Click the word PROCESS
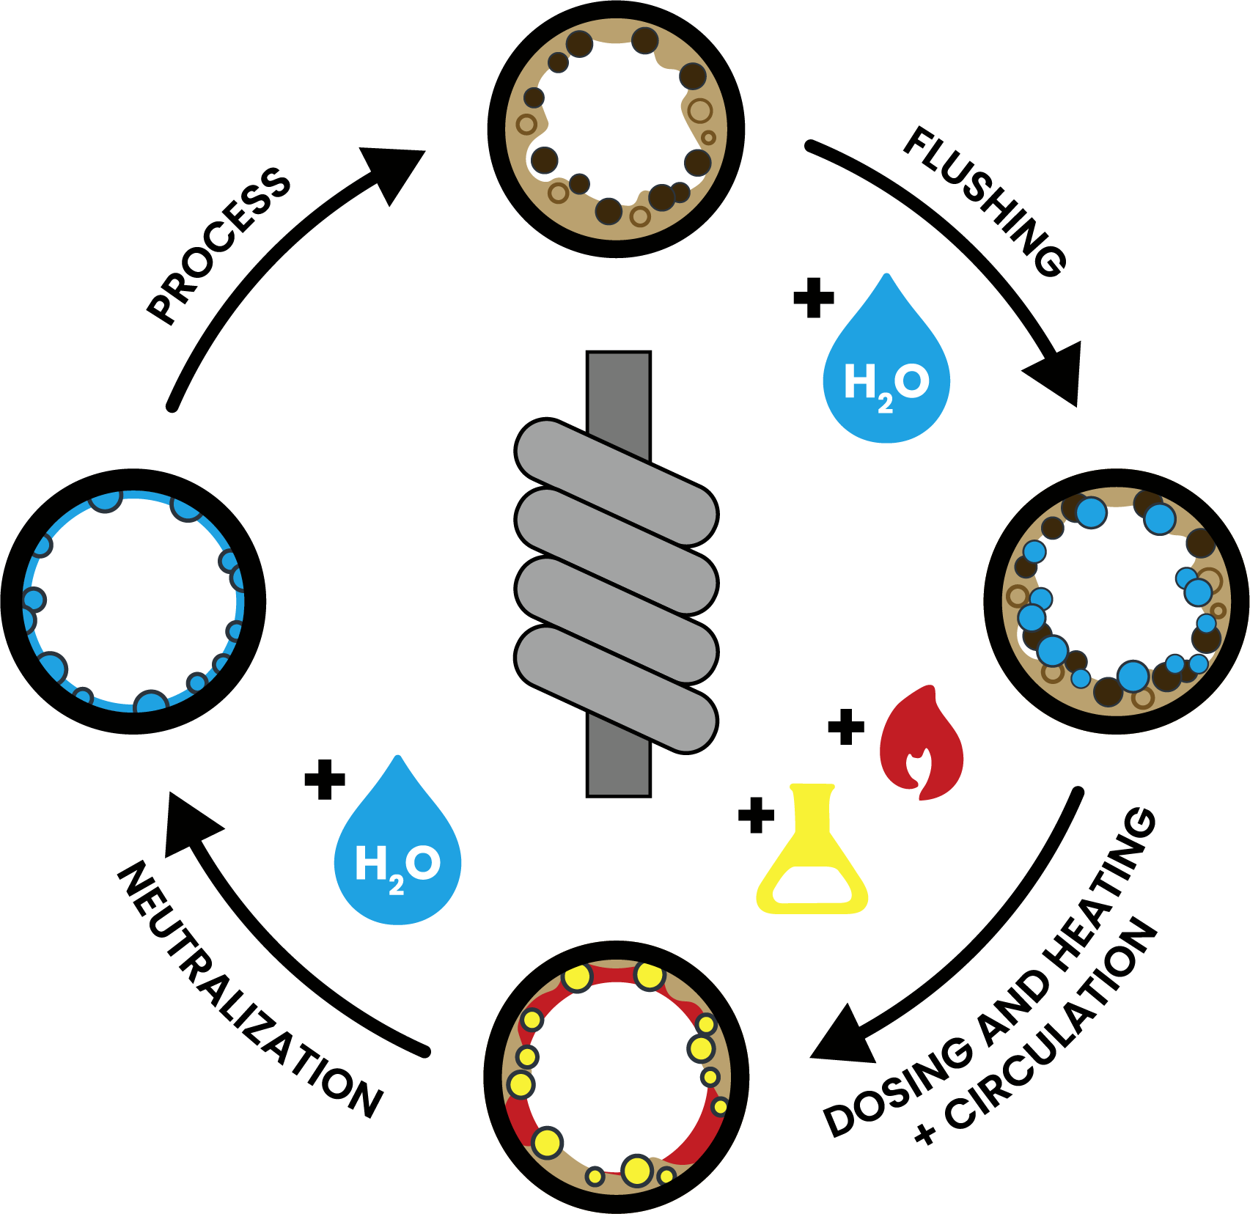tap(218, 246)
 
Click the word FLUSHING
tap(985, 202)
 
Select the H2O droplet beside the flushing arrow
tap(886, 367)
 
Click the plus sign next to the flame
tap(846, 726)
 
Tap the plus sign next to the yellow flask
tap(757, 815)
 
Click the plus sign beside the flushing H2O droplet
tap(814, 298)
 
